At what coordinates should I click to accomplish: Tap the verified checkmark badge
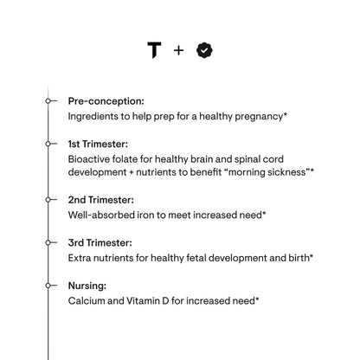(204, 50)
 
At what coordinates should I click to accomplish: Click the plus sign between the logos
(179, 50)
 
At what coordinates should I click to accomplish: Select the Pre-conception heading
(106, 101)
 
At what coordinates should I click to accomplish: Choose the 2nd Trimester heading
(101, 199)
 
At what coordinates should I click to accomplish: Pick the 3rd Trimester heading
(100, 241)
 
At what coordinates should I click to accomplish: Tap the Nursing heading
(87, 285)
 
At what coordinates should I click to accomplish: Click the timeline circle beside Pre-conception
(49, 101)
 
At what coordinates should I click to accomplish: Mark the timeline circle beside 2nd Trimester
(49, 199)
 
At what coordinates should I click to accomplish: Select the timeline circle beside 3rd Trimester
(49, 241)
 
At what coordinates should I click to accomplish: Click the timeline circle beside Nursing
(49, 285)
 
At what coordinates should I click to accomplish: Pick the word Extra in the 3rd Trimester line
(81, 256)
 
